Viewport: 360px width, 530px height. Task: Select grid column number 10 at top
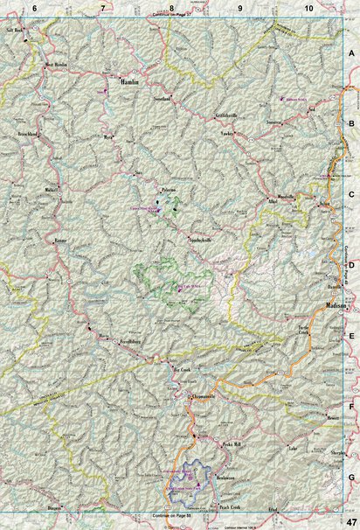coord(308,7)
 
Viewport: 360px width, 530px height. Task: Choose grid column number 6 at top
coord(34,7)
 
